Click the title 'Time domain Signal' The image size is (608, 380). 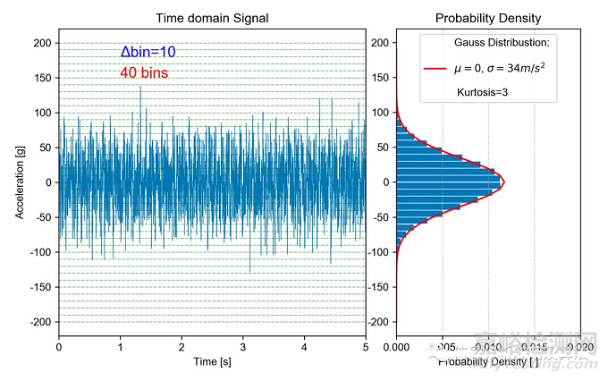[212, 18]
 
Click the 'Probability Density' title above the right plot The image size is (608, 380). [488, 18]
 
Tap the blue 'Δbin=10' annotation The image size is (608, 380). [148, 53]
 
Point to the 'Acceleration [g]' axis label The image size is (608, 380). [20, 182]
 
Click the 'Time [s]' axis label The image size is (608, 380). [212, 362]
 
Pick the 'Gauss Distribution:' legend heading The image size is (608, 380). [502, 43]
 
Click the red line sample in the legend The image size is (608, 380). [435, 67]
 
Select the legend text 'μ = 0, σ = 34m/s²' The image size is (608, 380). [500, 67]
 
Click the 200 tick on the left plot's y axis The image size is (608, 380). [41, 43]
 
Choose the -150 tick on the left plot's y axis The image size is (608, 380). [38, 287]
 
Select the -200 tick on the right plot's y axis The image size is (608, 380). [380, 322]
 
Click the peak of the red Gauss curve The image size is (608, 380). [504, 182]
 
